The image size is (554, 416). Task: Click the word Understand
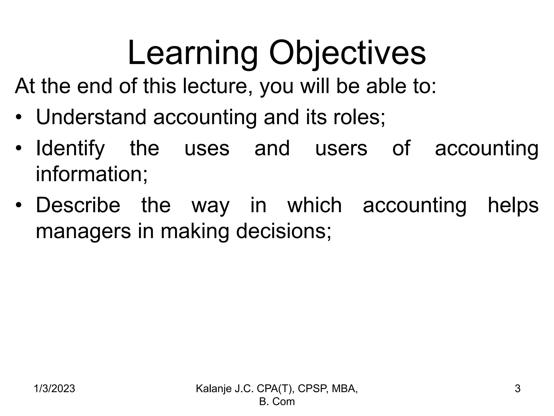point(91,117)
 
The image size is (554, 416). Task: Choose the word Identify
point(70,148)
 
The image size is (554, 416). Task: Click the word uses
point(207,148)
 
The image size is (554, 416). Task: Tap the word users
point(341,148)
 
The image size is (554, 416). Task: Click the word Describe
point(78,205)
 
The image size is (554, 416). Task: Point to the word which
point(315,205)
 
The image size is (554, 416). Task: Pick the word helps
point(513,205)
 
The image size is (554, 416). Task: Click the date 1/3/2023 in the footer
point(54,389)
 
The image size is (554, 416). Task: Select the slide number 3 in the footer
point(517,389)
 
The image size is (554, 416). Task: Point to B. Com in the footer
point(277,401)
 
